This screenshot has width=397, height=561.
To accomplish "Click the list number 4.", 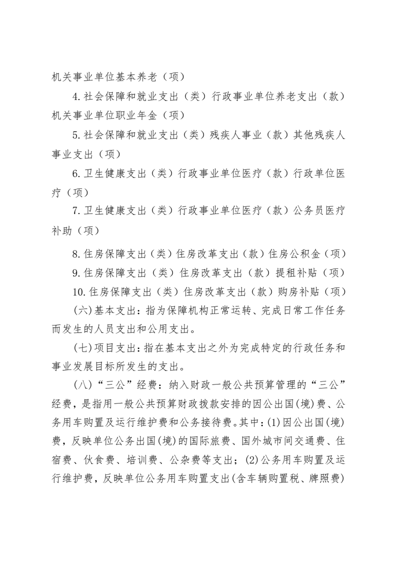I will [76, 96].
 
